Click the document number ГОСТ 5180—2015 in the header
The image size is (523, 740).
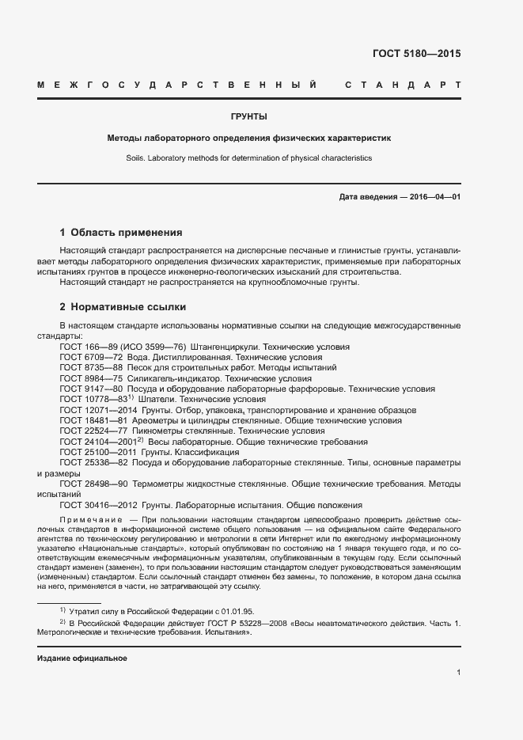(x=415, y=55)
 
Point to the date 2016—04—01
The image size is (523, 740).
(x=433, y=197)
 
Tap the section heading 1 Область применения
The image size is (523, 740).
(x=121, y=233)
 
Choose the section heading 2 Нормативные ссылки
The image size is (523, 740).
(x=123, y=306)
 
